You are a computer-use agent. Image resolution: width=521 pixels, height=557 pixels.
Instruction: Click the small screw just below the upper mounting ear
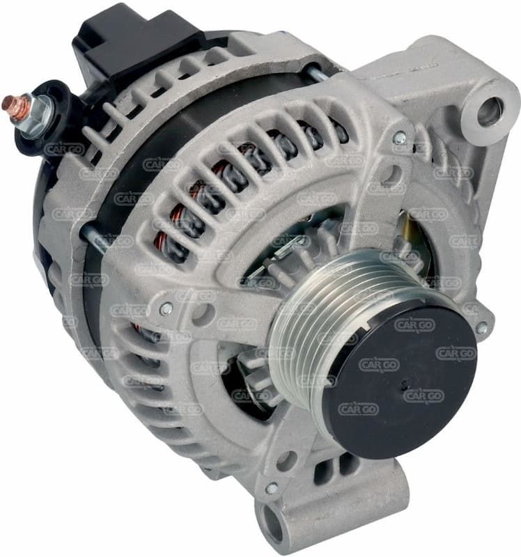[400, 137]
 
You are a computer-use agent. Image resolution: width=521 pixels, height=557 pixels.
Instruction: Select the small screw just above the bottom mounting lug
[272, 489]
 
